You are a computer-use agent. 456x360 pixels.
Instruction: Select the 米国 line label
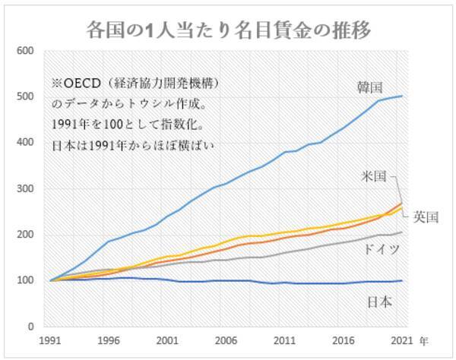tap(376, 175)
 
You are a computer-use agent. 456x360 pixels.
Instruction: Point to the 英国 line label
tap(426, 216)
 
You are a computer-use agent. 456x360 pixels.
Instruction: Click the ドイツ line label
tap(381, 249)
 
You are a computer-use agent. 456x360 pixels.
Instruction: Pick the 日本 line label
tap(379, 302)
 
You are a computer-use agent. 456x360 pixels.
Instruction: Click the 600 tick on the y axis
tap(27, 51)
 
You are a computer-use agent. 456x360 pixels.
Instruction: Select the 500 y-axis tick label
tap(27, 97)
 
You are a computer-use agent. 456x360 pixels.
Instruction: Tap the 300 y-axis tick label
tap(27, 189)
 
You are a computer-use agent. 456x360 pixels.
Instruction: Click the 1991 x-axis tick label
tap(51, 341)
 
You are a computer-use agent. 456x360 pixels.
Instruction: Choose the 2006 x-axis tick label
tap(225, 341)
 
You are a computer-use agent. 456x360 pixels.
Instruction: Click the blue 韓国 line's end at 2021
tap(401, 96)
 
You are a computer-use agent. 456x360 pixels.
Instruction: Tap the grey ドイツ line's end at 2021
tap(401, 232)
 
